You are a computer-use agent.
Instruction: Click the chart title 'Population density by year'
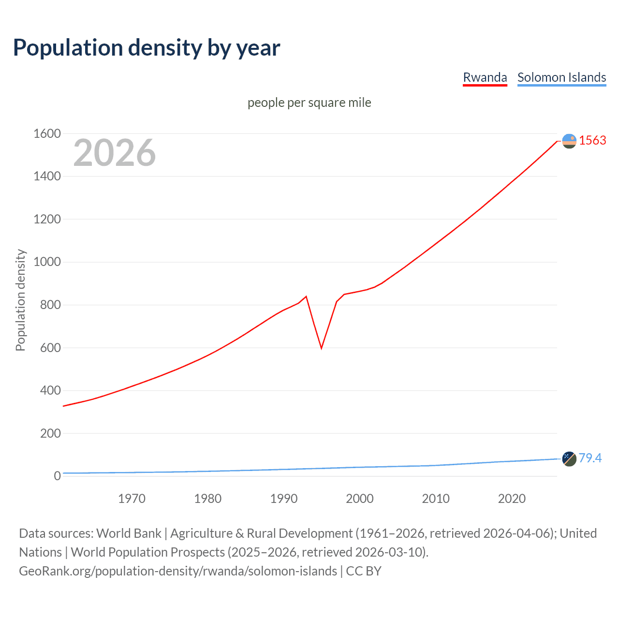(147, 48)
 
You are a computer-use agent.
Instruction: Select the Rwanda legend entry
(485, 77)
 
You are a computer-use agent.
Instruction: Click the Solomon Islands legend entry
(561, 77)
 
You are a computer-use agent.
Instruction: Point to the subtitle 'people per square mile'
(309, 103)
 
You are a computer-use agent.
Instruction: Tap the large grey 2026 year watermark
(115, 153)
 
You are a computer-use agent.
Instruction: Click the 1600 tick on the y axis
(47, 133)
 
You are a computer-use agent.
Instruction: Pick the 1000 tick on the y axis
(47, 262)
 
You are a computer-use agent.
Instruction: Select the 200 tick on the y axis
(50, 433)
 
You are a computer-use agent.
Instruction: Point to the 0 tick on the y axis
(57, 476)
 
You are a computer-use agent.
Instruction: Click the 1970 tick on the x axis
(132, 499)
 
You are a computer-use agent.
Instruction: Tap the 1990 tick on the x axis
(284, 499)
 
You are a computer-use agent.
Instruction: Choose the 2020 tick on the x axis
(512, 499)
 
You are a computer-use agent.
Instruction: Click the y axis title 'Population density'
(20, 300)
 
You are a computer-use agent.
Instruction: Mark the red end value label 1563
(592, 140)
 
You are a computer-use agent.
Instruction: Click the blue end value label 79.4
(590, 458)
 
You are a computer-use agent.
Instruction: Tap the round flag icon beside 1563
(569, 141)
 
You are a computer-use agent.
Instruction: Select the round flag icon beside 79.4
(569, 459)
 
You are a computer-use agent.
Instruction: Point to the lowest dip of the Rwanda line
(321, 348)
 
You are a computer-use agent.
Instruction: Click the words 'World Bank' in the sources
(129, 533)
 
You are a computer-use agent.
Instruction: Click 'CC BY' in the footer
(364, 571)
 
